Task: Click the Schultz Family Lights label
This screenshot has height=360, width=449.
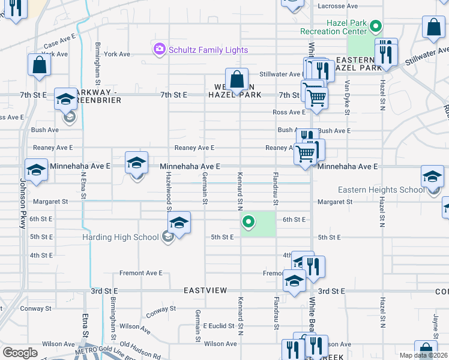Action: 200,50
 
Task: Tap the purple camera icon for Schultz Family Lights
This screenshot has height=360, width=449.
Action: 159,49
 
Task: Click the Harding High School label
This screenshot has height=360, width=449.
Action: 121,237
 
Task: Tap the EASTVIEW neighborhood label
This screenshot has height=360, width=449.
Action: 205,290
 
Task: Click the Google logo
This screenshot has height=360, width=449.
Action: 20,353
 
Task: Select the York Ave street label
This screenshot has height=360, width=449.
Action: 116,54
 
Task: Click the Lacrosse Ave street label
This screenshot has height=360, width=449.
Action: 337,6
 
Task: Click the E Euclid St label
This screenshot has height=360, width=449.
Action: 217,326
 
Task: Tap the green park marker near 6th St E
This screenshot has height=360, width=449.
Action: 249,223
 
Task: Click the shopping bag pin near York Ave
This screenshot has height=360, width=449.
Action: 39,66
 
